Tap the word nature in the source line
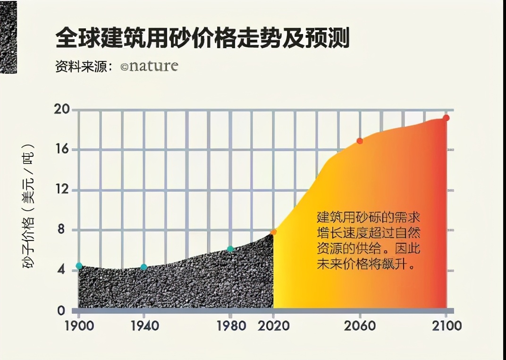click(x=153, y=66)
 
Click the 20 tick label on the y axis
click(x=63, y=110)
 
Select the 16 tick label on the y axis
click(x=63, y=150)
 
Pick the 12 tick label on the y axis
click(x=63, y=190)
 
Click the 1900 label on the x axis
click(x=79, y=326)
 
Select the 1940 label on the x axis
click(x=143, y=326)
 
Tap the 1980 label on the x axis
click(x=230, y=326)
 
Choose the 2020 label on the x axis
click(x=273, y=326)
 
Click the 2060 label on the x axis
click(x=360, y=326)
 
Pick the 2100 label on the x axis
click(x=446, y=326)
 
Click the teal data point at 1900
click(x=79, y=266)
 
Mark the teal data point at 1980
click(x=230, y=249)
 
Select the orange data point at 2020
click(x=273, y=232)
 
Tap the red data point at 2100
click(x=446, y=118)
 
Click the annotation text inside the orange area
click(x=369, y=240)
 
